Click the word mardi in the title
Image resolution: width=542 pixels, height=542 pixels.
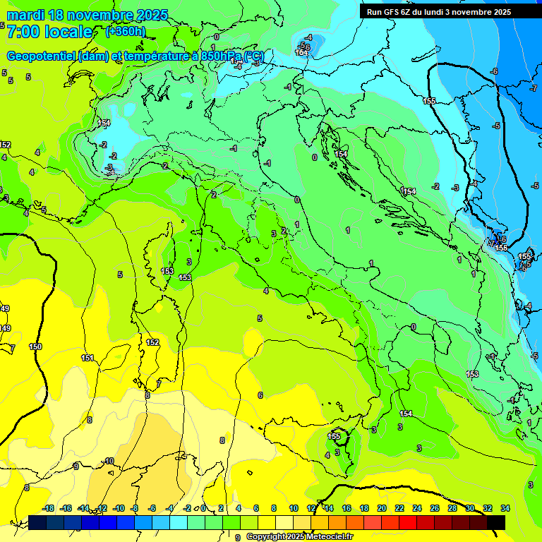click(26, 15)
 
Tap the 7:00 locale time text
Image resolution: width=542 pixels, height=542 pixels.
click(49, 32)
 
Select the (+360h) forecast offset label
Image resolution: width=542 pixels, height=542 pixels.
click(126, 31)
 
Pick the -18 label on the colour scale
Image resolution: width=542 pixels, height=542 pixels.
click(48, 508)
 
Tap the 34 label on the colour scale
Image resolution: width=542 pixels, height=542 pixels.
click(505, 508)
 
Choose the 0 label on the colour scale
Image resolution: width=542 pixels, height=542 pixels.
click(203, 508)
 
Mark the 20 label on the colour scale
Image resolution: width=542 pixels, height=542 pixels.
click(382, 508)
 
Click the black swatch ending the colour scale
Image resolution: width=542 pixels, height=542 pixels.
click(496, 522)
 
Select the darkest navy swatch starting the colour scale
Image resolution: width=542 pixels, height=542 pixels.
click(37, 522)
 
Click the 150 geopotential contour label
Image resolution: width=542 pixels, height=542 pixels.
click(35, 347)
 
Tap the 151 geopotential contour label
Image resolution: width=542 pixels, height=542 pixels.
click(88, 358)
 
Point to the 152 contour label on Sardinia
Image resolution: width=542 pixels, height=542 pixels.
click(152, 342)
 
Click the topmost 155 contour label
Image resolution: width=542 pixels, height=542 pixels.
click(429, 102)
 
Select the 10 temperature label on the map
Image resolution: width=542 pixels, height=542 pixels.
click(109, 461)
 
